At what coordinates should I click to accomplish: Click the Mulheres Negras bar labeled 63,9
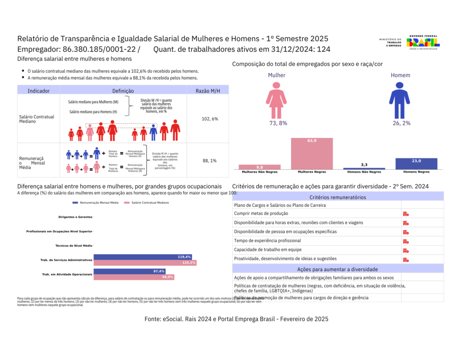point(312,153)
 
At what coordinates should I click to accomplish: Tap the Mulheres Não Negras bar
point(259,167)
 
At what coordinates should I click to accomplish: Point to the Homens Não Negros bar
point(364,168)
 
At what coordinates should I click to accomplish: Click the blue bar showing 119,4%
point(143,257)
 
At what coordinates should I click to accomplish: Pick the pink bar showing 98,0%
point(133,277)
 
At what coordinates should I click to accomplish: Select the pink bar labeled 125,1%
point(145,263)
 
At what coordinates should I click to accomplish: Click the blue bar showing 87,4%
point(129,271)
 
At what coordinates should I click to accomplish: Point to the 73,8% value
point(278,123)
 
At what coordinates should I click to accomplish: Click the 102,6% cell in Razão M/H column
point(210,119)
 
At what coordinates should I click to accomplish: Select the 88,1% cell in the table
point(210,161)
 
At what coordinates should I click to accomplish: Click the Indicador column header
point(39,91)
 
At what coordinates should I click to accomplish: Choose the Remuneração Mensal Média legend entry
point(95,203)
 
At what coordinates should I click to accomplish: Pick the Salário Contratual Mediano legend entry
point(147,203)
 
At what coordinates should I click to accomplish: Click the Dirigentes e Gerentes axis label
point(75,217)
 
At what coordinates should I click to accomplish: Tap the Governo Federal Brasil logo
point(423,42)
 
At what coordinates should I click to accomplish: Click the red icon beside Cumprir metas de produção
point(406,214)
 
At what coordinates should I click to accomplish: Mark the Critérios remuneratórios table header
point(338,197)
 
